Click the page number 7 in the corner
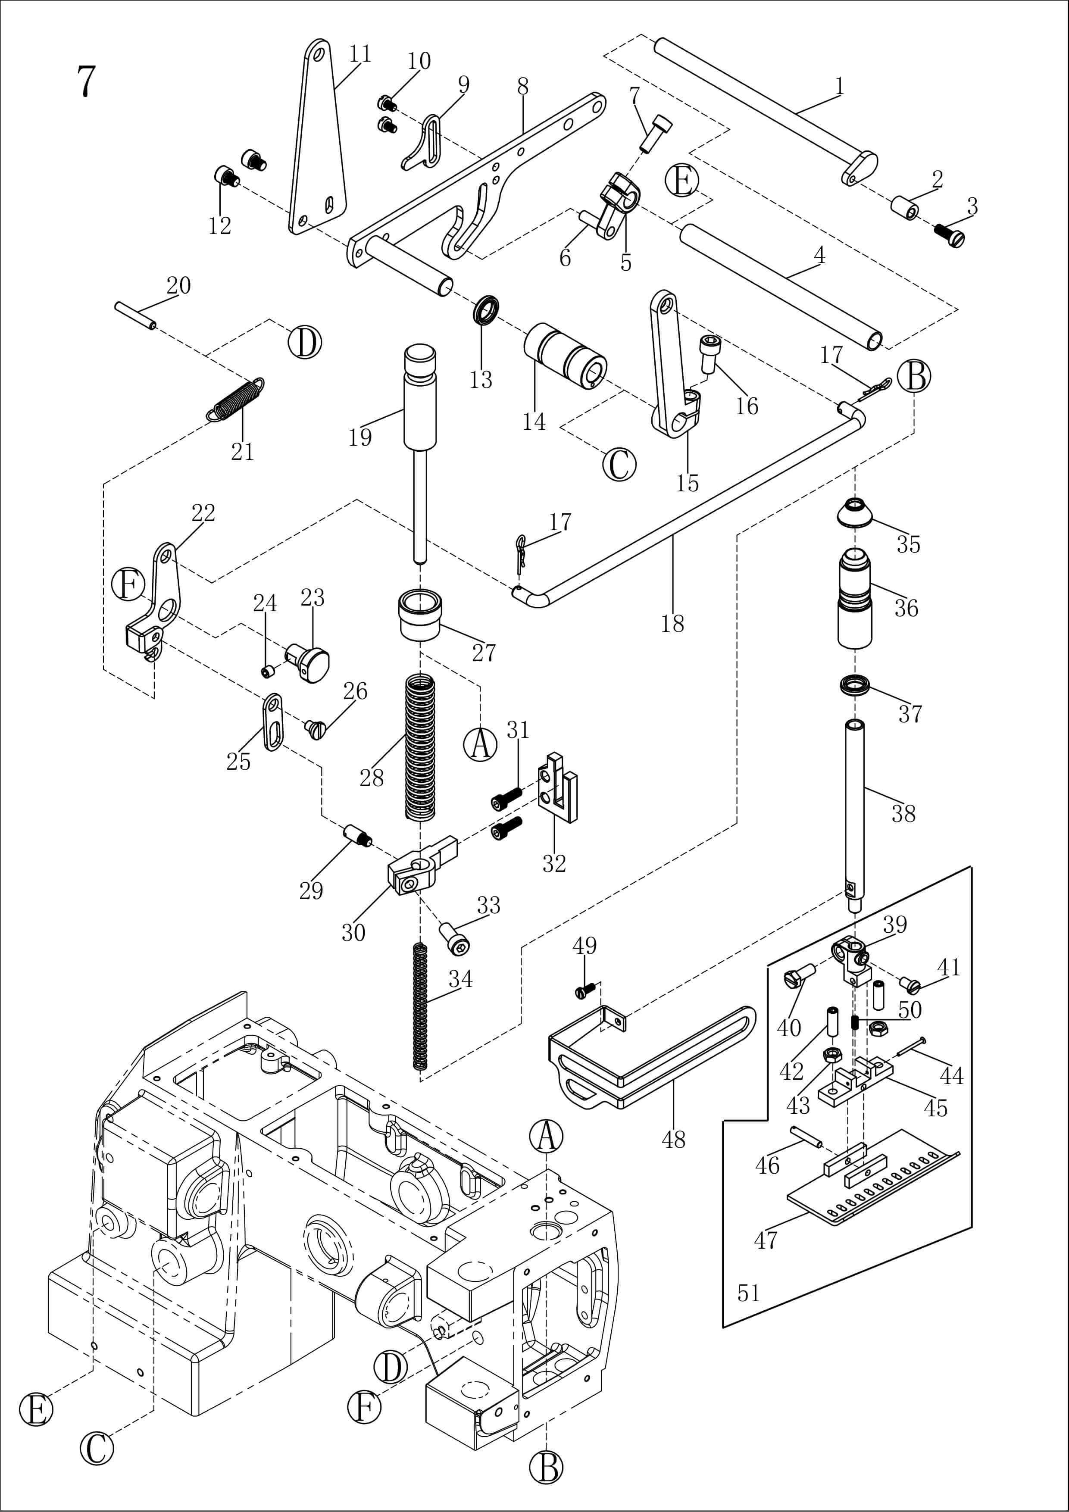pyautogui.click(x=86, y=81)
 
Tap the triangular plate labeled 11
pyautogui.click(x=318, y=145)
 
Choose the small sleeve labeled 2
pyautogui.click(x=905, y=207)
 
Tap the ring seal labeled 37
pyautogui.click(x=855, y=685)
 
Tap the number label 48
pyautogui.click(x=673, y=1139)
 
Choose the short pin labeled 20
pyautogui.click(x=135, y=315)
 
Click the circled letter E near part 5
pyautogui.click(x=682, y=181)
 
